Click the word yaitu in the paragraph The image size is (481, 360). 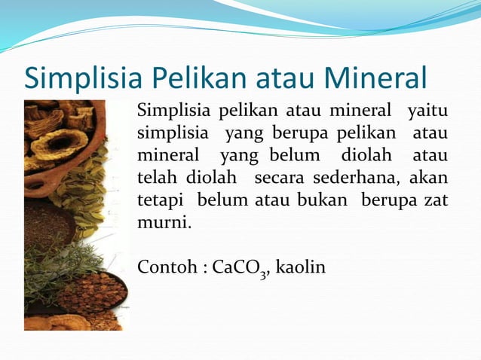click(427, 113)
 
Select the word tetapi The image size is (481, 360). click(161, 202)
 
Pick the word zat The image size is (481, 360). click(435, 202)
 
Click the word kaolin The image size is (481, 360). click(302, 268)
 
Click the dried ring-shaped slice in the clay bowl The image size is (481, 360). click(59, 142)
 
